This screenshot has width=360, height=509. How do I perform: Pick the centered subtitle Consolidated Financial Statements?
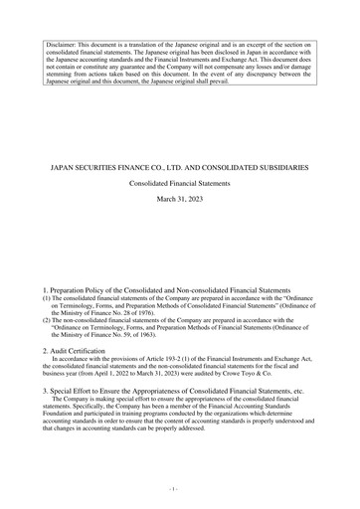(x=179, y=185)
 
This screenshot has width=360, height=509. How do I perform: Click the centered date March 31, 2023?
(x=179, y=202)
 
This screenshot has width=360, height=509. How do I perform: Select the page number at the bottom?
(x=179, y=491)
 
